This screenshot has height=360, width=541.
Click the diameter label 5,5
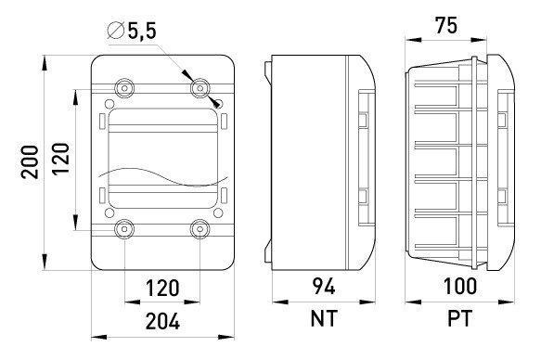click(142, 31)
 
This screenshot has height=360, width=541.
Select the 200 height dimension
click(30, 161)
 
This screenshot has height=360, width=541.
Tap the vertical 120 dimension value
click(61, 159)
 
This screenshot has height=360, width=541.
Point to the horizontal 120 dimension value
click(162, 288)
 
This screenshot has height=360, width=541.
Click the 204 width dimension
click(162, 321)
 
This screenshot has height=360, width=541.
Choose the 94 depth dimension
click(324, 286)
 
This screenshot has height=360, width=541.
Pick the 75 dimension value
click(445, 26)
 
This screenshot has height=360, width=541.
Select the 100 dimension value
click(460, 286)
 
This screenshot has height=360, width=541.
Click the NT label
click(323, 318)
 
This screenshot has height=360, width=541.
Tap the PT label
click(459, 318)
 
